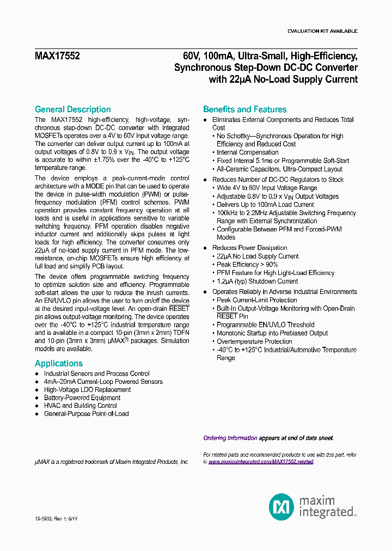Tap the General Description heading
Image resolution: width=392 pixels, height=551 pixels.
click(x=72, y=109)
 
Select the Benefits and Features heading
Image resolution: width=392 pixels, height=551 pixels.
click(x=244, y=109)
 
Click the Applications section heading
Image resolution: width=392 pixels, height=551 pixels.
click(x=59, y=363)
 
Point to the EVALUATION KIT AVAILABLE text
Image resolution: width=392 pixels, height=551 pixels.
click(x=322, y=31)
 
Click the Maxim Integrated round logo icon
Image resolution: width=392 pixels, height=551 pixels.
click(x=281, y=507)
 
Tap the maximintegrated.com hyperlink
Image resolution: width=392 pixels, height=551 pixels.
click(x=261, y=462)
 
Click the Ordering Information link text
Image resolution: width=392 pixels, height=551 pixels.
click(x=230, y=438)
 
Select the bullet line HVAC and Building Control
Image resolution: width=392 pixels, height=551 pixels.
click(x=80, y=406)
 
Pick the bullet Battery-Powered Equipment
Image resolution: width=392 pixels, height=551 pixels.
click(x=82, y=397)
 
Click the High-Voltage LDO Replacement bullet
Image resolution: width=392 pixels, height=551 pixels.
click(x=87, y=390)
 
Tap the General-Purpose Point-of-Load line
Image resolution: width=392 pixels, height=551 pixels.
click(x=86, y=414)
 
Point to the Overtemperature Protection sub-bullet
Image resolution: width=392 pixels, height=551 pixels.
click(x=254, y=341)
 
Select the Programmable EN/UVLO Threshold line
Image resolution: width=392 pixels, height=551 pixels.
click(x=266, y=325)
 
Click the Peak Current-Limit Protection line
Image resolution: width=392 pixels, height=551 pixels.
click(x=257, y=300)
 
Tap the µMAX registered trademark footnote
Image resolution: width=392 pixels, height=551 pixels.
click(x=112, y=462)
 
